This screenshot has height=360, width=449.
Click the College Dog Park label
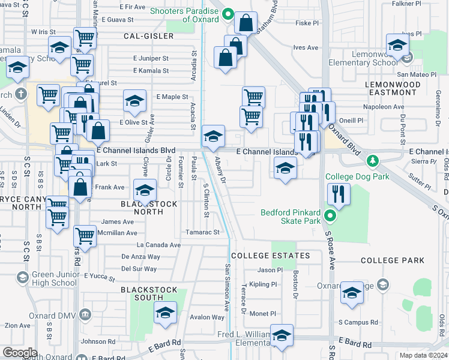(x=357, y=176)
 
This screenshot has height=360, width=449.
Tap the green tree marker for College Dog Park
(x=373, y=161)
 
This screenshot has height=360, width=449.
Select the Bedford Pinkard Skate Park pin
(x=329, y=215)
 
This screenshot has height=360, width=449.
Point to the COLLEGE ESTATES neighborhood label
(x=270, y=256)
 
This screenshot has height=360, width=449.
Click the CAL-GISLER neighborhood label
(x=148, y=36)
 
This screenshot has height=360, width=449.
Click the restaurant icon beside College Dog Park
(x=339, y=194)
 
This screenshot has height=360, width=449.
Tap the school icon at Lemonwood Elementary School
(x=397, y=44)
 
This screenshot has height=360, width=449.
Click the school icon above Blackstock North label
(x=144, y=190)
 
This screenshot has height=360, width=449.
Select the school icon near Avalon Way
(x=165, y=313)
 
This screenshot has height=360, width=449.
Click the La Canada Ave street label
(x=158, y=245)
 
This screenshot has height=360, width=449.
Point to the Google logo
(x=20, y=353)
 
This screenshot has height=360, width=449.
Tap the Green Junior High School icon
(x=22, y=277)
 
